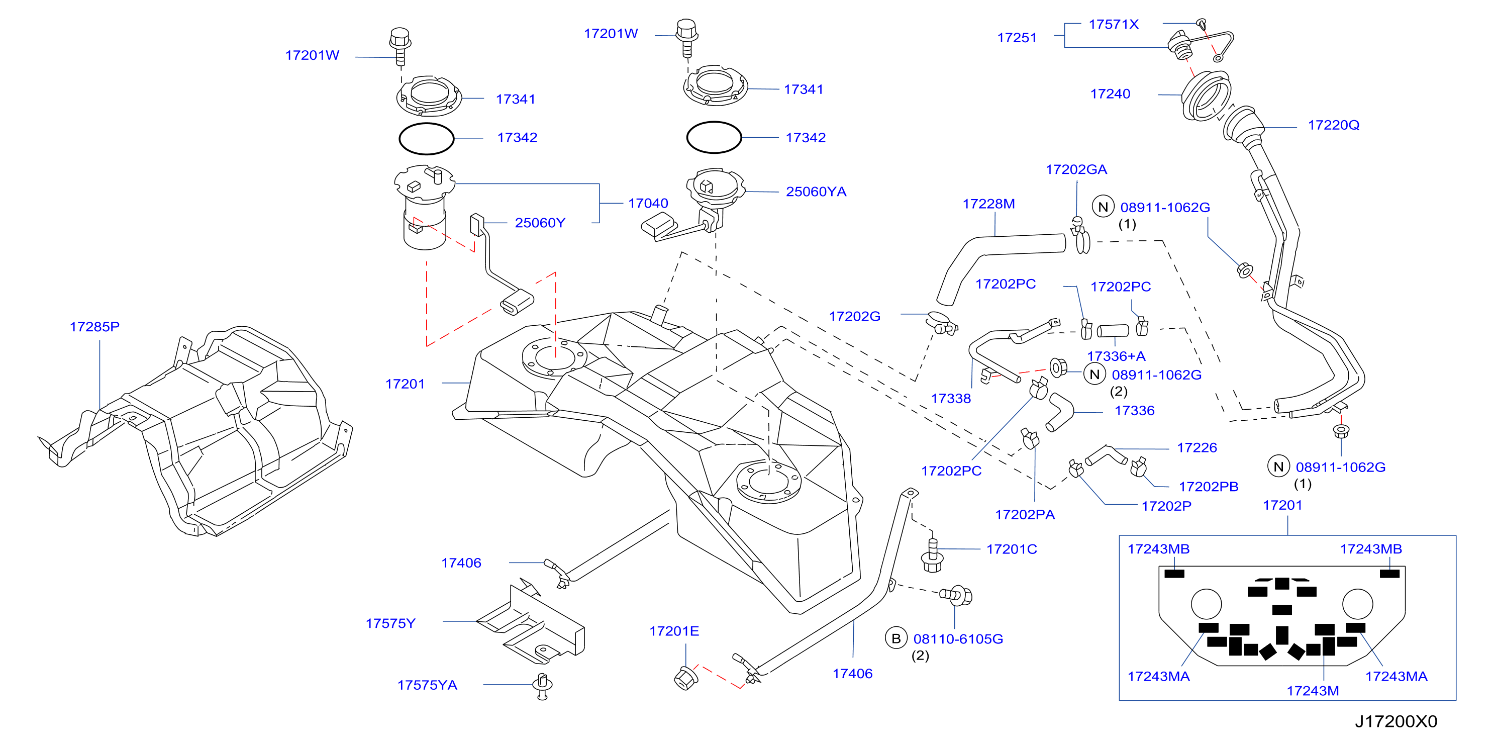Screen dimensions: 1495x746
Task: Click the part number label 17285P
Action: (94, 327)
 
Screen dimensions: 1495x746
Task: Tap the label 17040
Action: (648, 203)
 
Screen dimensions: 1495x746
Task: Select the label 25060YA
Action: (816, 192)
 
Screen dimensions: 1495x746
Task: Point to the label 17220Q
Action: (1333, 125)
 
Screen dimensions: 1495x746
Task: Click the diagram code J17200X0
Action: (1396, 721)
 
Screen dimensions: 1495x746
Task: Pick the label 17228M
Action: (988, 204)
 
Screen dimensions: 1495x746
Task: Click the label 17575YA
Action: (427, 685)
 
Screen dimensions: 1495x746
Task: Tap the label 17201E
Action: (674, 631)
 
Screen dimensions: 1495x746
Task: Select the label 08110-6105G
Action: (958, 638)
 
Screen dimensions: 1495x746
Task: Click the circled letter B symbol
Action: (895, 638)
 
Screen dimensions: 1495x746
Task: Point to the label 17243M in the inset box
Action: (1313, 691)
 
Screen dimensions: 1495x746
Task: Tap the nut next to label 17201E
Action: (685, 678)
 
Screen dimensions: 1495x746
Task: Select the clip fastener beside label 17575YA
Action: (542, 687)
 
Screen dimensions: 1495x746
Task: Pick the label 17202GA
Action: (1076, 169)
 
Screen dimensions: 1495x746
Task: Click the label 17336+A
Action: (1116, 356)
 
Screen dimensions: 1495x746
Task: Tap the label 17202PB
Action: (1208, 487)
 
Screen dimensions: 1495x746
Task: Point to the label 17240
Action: (1110, 94)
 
